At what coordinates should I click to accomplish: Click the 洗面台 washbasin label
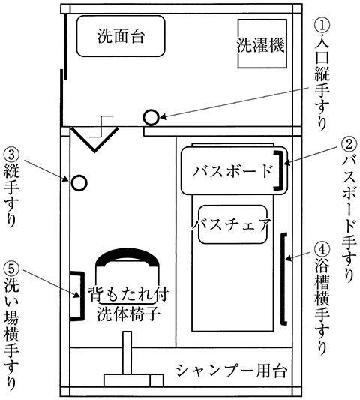[x=121, y=36]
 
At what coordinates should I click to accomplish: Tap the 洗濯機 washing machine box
[x=262, y=44]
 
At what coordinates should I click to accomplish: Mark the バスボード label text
[x=232, y=171]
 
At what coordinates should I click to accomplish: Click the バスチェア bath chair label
[x=231, y=224]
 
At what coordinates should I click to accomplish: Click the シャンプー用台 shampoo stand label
[x=232, y=371]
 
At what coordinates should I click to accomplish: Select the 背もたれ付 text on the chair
[x=128, y=294]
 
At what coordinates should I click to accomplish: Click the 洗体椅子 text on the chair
[x=128, y=314]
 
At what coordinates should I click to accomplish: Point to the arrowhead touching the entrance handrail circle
[x=163, y=117]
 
